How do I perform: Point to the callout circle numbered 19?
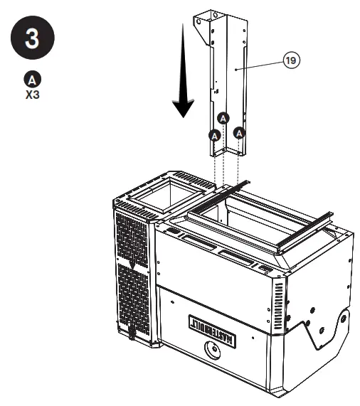click(x=290, y=61)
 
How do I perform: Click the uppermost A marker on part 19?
click(x=223, y=117)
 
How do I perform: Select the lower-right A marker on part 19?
click(x=239, y=133)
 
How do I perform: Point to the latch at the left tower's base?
click(x=131, y=330)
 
